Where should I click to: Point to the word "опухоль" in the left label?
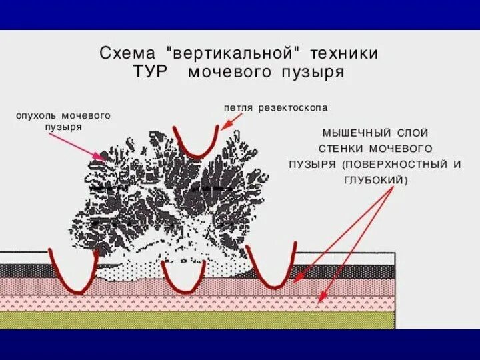[36, 115]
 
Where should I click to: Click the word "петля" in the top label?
[238, 107]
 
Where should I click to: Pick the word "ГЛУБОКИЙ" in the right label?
[374, 180]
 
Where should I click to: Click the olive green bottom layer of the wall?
[200, 320]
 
